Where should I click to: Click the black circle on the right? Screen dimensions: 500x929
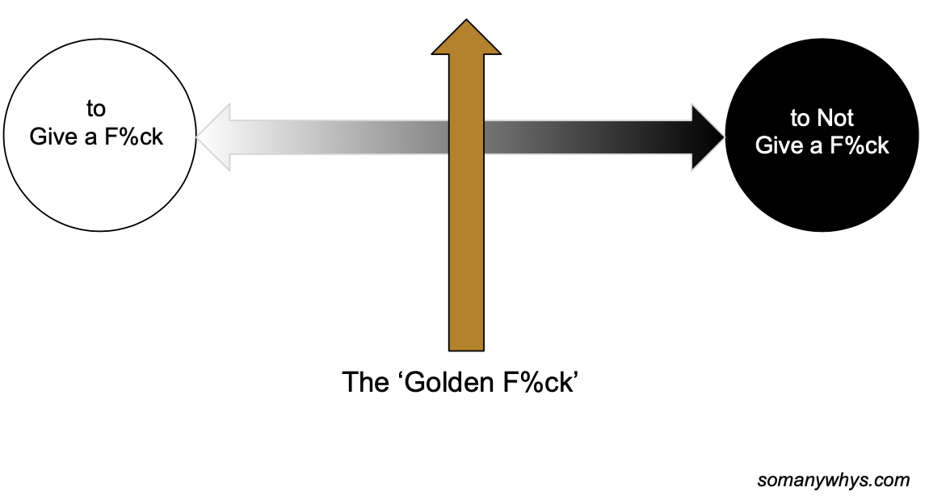click(822, 186)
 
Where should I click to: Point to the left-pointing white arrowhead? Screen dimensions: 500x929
click(214, 137)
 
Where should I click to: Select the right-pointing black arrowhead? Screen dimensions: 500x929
click(707, 137)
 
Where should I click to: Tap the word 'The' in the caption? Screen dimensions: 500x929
click(366, 381)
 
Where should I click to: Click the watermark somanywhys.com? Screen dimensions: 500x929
click(833, 480)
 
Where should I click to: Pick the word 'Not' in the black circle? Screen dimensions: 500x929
click(835, 119)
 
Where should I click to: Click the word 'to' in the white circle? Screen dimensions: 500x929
click(96, 109)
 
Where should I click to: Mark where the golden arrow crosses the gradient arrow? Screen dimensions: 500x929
click(466, 137)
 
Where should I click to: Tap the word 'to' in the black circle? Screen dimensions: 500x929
click(800, 119)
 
